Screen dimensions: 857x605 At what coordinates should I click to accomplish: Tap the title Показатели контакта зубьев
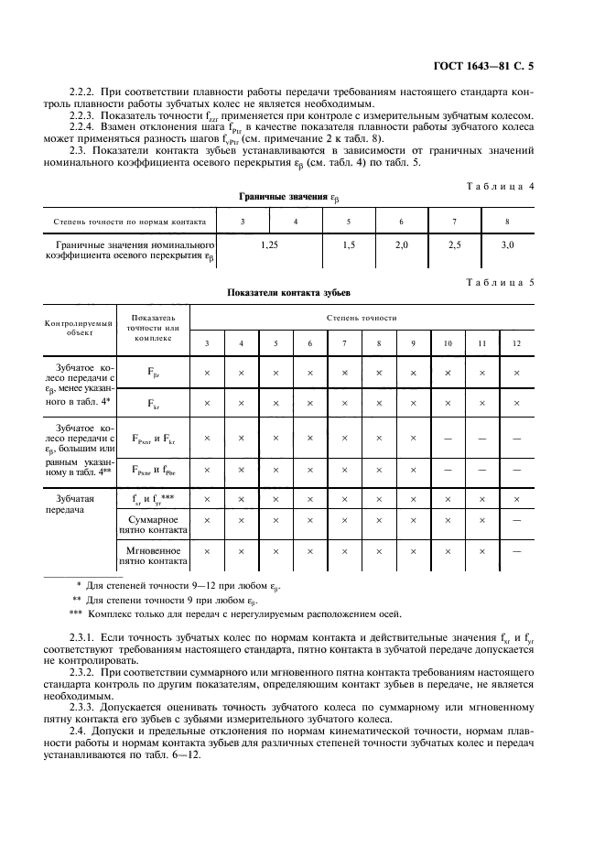[288, 295]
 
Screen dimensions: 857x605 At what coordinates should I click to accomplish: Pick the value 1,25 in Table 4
[268, 246]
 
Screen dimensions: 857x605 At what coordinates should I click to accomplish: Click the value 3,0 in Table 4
[508, 246]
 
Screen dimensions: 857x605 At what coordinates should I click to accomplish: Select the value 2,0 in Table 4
[401, 246]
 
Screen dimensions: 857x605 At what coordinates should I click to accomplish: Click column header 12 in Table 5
[517, 343]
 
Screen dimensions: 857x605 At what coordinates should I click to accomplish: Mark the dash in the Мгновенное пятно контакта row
[517, 552]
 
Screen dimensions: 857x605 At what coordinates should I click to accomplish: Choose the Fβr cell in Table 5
[153, 373]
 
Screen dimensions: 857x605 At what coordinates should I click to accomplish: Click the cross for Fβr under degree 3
[207, 373]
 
